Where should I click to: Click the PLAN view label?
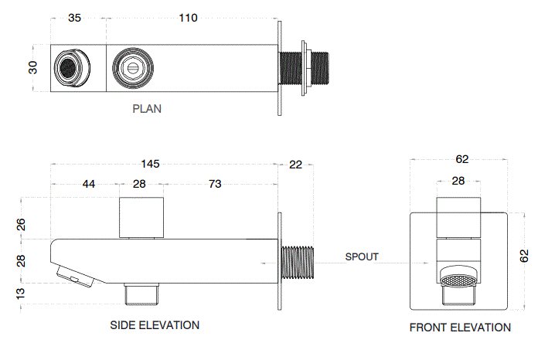[147, 109]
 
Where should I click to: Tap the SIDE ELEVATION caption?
[155, 325]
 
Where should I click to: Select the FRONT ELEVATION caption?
[460, 328]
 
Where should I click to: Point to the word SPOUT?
[362, 256]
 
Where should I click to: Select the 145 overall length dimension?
[150, 164]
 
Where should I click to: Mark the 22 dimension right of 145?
[295, 164]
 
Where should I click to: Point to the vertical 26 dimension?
[21, 225]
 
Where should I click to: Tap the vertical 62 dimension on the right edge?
[524, 255]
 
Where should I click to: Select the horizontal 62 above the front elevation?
[462, 160]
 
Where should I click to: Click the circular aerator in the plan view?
[69, 69]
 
